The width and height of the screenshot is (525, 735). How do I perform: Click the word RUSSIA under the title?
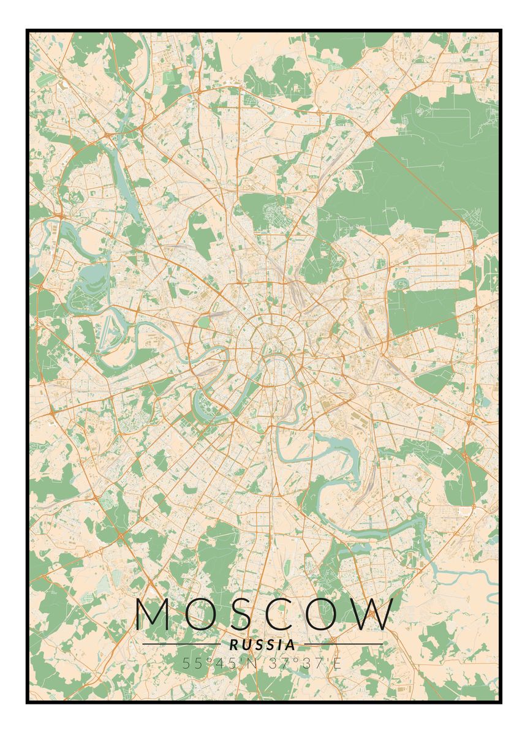[x=262, y=644]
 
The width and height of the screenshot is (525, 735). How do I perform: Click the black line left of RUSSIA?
[x=181, y=644]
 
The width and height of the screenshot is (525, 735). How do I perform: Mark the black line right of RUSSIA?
[x=343, y=644]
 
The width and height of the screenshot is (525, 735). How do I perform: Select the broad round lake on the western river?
[x=86, y=276]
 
